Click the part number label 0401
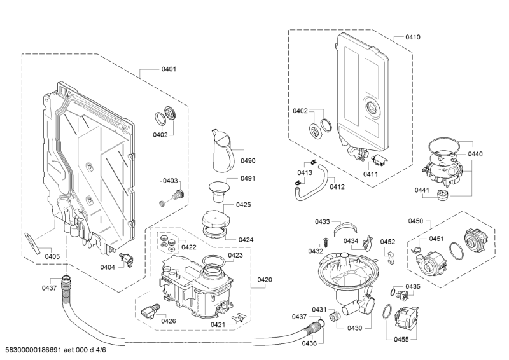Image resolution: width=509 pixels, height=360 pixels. point(169,69)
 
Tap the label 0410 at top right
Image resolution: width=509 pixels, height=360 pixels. point(413,37)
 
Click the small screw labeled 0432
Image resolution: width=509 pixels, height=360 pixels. point(325,242)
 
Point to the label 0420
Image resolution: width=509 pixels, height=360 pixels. point(265,279)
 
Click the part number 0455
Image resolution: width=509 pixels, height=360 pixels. point(401,339)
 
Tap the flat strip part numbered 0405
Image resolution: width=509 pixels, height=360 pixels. point(33,243)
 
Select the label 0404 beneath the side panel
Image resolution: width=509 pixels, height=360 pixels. point(108,267)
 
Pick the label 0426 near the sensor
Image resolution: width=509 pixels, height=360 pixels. point(169,321)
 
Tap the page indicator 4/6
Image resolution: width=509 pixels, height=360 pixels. point(101,350)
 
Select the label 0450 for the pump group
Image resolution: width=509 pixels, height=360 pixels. point(415,221)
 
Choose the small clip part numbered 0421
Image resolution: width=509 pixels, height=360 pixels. point(239,317)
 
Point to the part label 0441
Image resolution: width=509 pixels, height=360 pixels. point(422,190)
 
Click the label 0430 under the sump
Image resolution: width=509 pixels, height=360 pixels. point(355,328)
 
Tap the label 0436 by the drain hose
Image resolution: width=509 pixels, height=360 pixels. point(309,343)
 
